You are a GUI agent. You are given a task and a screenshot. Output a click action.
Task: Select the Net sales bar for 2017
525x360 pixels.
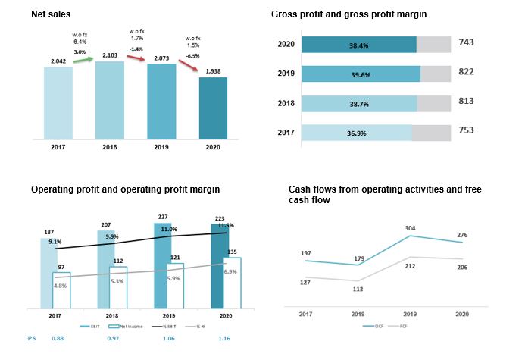(58, 102)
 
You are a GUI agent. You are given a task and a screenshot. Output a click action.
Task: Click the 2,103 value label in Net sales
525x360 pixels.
(110, 55)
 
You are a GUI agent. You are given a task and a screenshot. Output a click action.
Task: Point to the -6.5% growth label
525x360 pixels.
(192, 56)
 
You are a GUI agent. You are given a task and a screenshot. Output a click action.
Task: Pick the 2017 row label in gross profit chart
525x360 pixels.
(286, 133)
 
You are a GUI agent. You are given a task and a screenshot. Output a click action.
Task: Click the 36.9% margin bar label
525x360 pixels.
(358, 133)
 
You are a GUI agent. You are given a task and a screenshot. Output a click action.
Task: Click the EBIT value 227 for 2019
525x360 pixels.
(162, 218)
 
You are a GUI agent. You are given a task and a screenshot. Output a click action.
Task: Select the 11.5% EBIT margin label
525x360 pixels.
(225, 225)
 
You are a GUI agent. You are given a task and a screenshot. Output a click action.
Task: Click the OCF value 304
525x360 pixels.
(411, 228)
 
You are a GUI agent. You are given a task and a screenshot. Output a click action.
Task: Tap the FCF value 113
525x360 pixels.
(358, 288)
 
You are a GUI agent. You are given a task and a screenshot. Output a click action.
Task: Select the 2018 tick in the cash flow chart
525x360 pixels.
(358, 313)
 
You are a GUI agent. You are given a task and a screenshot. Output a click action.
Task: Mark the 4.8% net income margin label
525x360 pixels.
(61, 286)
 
